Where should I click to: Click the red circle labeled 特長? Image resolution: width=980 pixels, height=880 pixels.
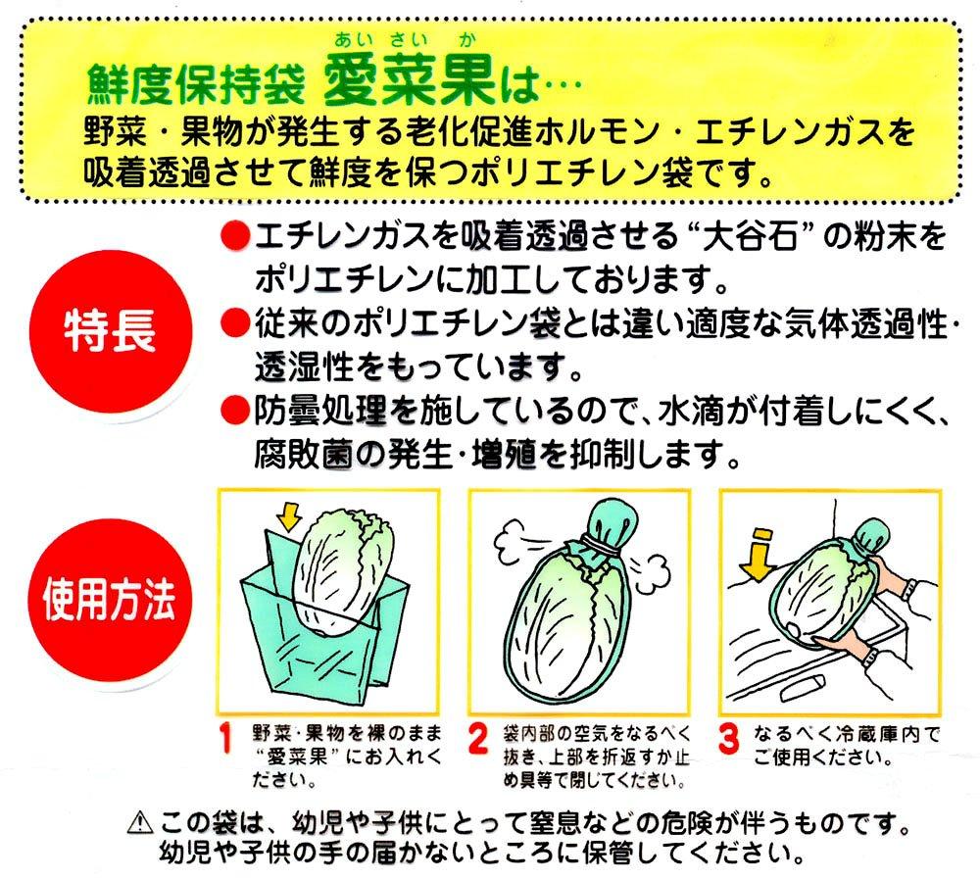[110, 331]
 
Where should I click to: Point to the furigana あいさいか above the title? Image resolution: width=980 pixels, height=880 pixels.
[406, 41]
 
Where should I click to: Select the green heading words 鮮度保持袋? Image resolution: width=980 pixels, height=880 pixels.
[196, 83]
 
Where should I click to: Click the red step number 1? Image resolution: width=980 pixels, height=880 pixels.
[225, 739]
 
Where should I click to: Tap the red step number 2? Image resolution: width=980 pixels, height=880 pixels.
[478, 739]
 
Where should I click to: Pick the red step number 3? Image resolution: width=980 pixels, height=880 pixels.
[728, 739]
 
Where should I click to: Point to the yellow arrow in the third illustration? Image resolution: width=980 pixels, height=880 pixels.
[758, 553]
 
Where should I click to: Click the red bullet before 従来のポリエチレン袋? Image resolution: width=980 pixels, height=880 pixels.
[235, 323]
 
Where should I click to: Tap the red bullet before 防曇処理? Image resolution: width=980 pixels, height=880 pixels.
[235, 411]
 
